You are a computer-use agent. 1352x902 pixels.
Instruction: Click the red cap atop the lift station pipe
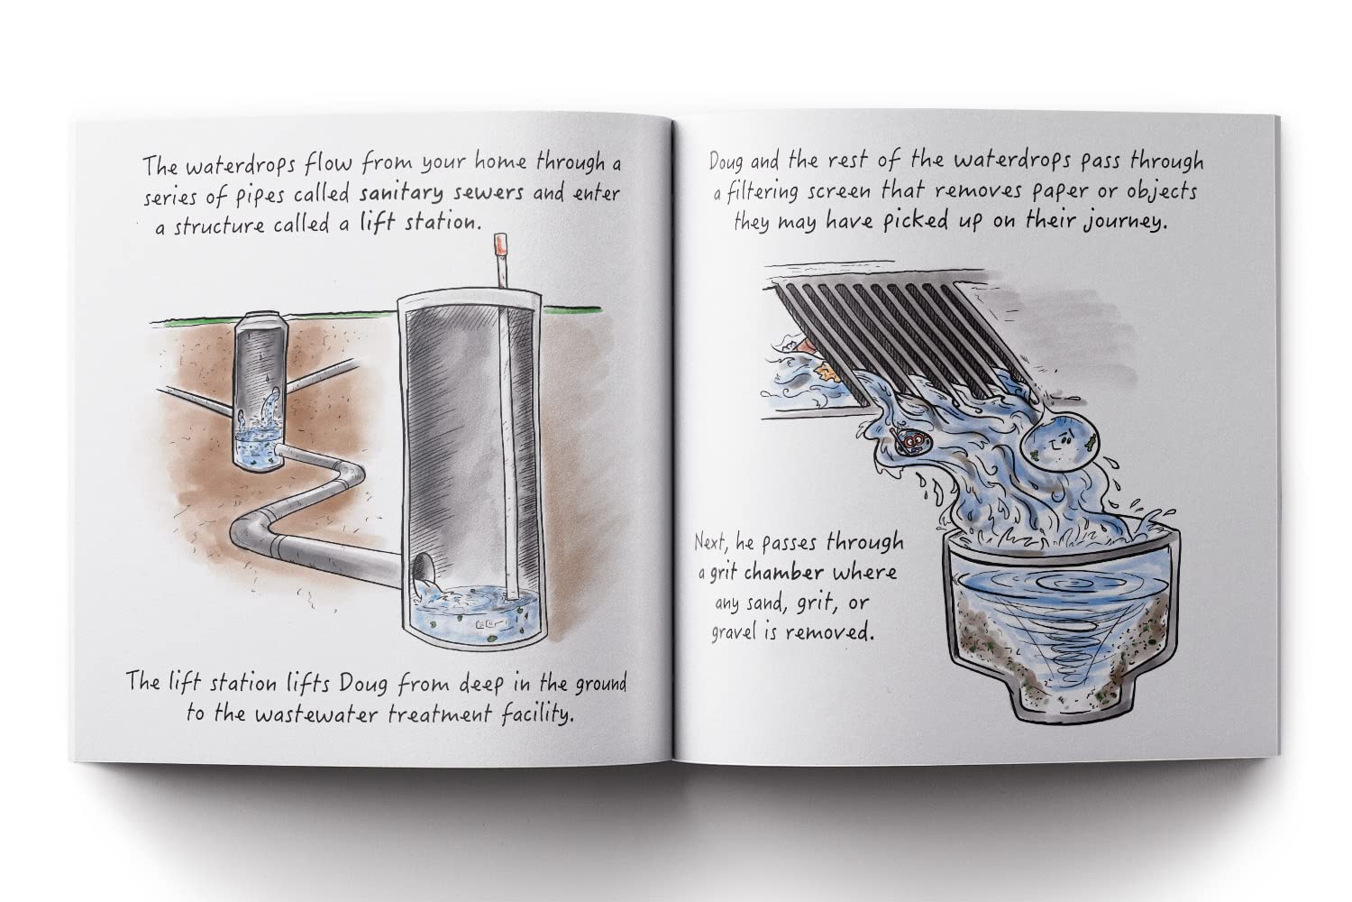[x=495, y=247]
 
